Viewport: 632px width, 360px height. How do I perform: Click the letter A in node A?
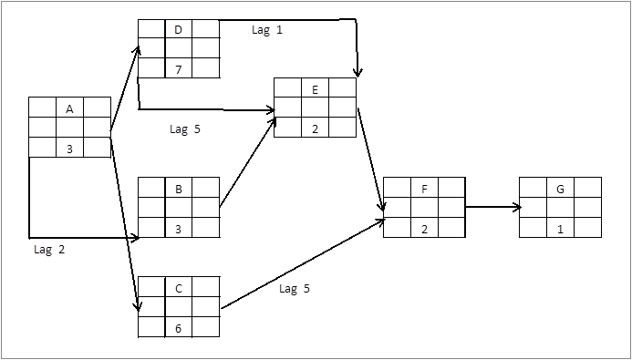(69, 108)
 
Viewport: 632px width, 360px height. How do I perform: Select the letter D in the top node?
(178, 30)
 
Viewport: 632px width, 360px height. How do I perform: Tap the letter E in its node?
(315, 89)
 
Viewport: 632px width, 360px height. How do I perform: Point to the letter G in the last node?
(560, 190)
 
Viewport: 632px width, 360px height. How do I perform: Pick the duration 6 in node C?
(178, 328)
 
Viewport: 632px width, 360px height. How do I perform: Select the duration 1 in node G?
(560, 229)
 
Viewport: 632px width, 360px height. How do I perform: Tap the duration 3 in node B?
(178, 229)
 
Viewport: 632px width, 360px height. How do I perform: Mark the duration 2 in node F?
(424, 229)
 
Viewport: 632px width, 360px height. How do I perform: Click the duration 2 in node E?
(315, 129)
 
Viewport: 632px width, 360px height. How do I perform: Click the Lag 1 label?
(267, 30)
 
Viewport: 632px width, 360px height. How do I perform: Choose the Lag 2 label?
(48, 249)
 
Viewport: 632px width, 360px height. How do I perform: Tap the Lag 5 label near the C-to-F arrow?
(295, 289)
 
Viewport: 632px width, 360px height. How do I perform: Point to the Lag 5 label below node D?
(185, 129)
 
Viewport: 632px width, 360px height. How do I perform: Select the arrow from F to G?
(492, 208)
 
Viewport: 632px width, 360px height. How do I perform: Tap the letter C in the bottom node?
(178, 289)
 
